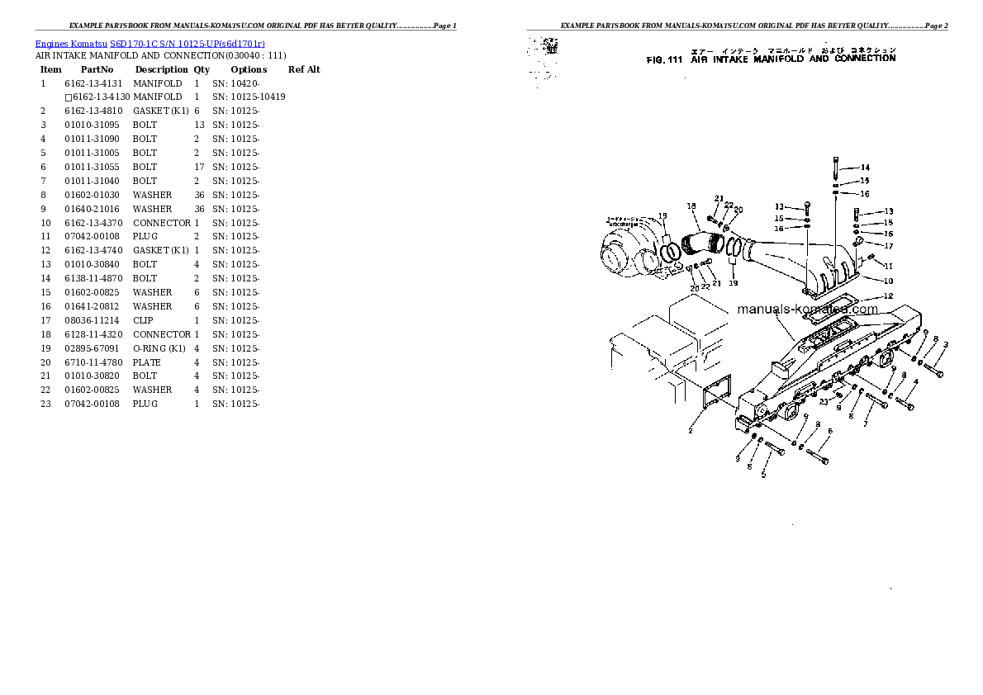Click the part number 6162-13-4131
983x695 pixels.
93,83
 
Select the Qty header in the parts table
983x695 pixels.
202,69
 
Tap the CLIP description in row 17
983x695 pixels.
143,320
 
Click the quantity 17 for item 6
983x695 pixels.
198,167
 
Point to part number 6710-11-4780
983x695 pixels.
93,362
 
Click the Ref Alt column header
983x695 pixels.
304,69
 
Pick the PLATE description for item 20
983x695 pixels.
147,362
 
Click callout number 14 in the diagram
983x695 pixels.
865,168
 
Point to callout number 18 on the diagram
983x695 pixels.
691,206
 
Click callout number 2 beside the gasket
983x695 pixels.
691,430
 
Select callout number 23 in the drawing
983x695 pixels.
824,402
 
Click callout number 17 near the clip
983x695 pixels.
888,245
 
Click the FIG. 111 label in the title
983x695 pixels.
663,59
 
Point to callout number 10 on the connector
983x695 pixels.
888,281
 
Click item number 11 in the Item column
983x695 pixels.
45,237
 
